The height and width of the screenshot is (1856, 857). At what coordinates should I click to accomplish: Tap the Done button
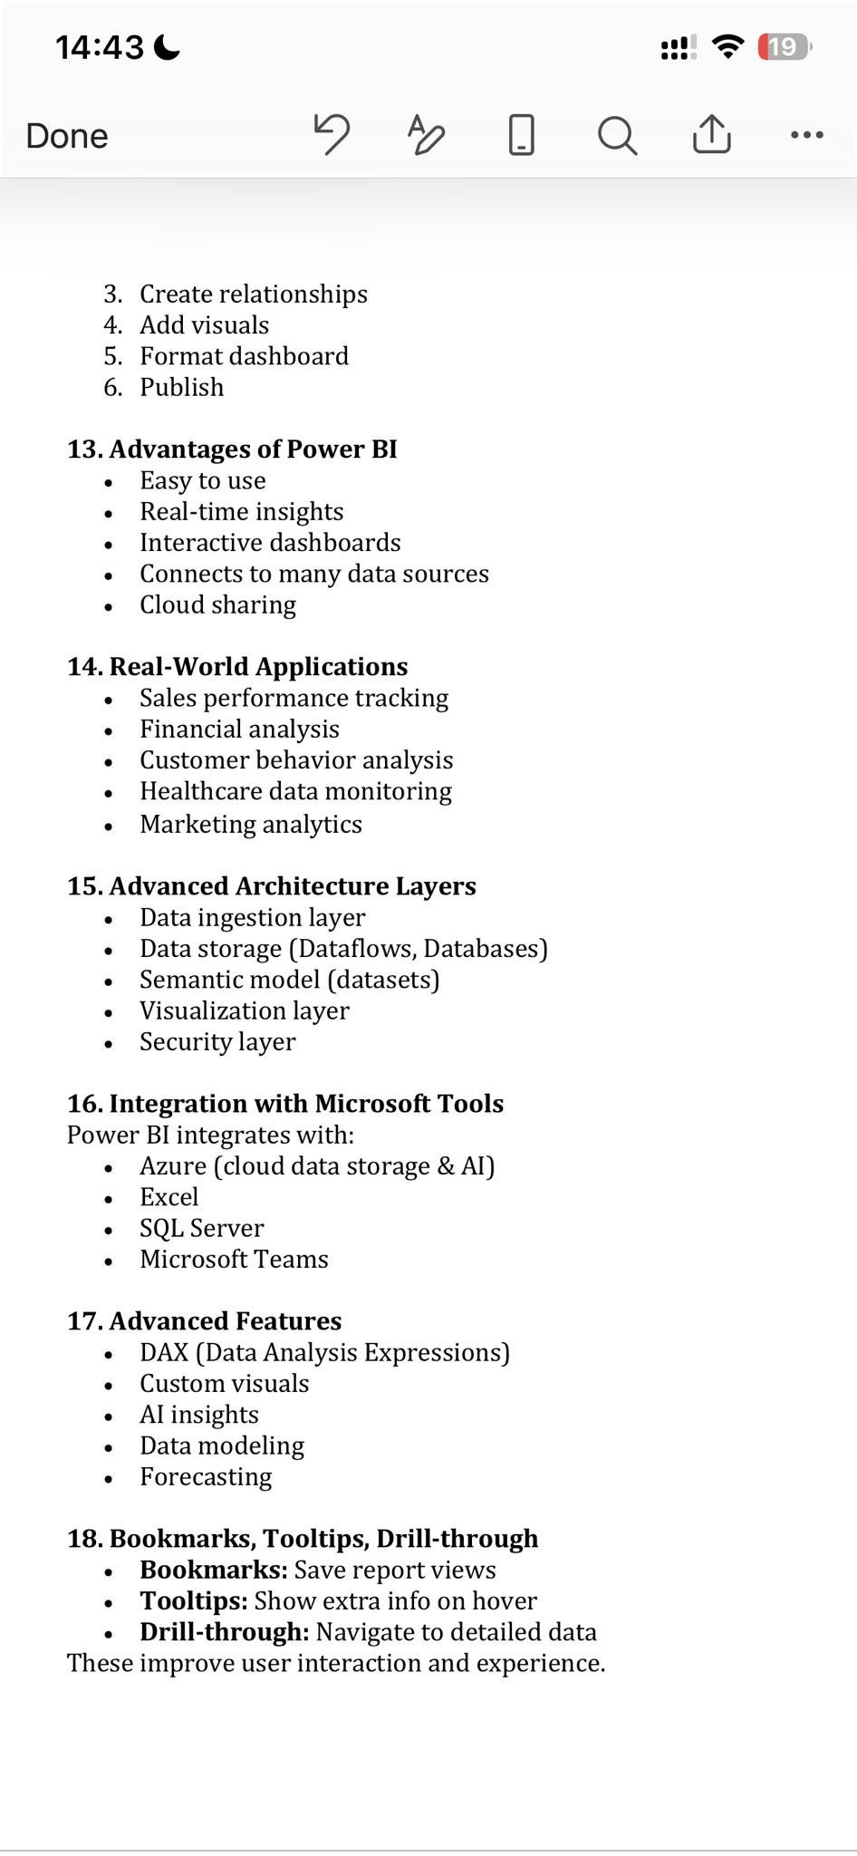[x=67, y=136]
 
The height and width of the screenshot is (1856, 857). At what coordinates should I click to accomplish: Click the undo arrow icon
[x=332, y=135]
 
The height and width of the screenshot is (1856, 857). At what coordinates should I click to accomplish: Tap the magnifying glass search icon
[x=617, y=136]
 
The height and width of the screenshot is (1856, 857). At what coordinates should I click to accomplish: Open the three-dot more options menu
[x=806, y=135]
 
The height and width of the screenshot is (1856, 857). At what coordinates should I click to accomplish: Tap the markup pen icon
[x=426, y=135]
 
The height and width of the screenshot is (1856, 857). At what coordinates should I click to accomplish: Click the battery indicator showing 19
[x=785, y=46]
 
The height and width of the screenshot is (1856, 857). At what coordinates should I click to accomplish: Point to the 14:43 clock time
[x=100, y=47]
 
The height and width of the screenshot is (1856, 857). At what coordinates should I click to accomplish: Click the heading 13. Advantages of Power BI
[x=232, y=449]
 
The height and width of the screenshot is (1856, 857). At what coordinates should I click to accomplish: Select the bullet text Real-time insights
[x=241, y=512]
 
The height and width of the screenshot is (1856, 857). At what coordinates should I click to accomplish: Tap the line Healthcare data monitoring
[x=295, y=791]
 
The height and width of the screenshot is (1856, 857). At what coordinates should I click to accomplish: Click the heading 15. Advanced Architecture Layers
[x=272, y=886]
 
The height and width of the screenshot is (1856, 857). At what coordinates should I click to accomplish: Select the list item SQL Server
[x=201, y=1228]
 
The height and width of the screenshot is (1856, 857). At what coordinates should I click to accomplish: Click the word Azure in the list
[x=173, y=1166]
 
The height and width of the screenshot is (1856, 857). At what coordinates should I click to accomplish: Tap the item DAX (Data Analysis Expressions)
[x=324, y=1353]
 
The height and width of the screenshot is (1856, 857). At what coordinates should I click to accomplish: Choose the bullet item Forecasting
[x=206, y=1477]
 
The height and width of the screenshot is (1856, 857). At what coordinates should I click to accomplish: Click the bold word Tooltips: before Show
[x=193, y=1601]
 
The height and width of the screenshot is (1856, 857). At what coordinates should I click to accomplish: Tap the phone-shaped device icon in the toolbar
[x=521, y=135]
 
